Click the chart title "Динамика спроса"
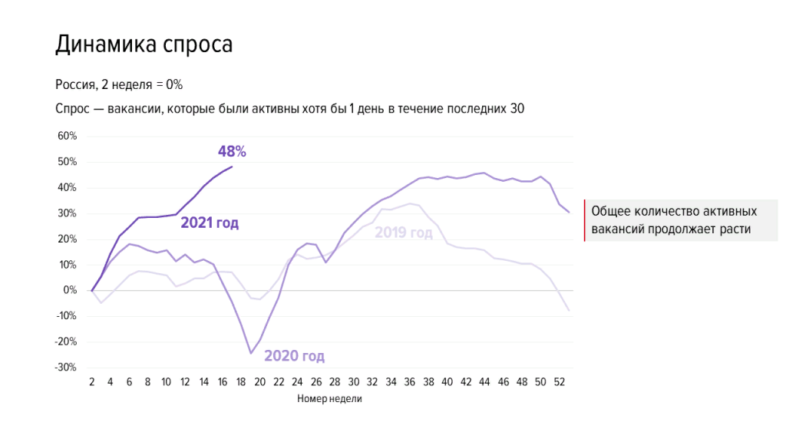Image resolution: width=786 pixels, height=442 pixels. [x=144, y=45]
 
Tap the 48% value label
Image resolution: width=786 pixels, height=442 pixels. [x=232, y=151]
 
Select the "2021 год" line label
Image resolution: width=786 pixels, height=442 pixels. [x=210, y=223]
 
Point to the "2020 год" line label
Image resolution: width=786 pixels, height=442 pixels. [x=294, y=356]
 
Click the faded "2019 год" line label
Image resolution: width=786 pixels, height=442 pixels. [x=404, y=232]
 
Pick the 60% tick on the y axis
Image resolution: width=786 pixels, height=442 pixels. [x=68, y=137]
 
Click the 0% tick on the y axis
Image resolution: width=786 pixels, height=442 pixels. [x=71, y=291]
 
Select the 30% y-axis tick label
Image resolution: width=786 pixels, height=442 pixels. [x=68, y=213]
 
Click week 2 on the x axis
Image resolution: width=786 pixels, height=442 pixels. [x=91, y=382]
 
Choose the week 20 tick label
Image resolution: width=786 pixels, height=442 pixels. [x=259, y=382]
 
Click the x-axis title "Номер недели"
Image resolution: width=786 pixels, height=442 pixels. [x=329, y=399]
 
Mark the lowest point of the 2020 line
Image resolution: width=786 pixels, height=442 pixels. [x=251, y=353]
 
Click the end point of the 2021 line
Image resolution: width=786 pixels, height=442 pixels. [x=232, y=167]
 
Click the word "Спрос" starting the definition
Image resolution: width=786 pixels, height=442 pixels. [x=73, y=109]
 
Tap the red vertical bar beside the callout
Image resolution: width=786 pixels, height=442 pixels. [x=585, y=220]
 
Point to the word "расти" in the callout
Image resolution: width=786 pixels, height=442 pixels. [x=733, y=229]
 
